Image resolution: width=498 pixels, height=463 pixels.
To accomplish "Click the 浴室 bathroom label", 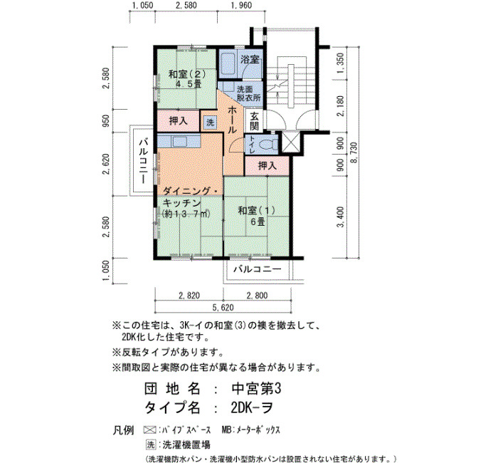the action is click(x=250, y=59).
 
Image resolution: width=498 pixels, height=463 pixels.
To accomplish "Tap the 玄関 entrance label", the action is click(x=255, y=121).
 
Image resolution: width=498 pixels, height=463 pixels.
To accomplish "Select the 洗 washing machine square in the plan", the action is click(x=210, y=122).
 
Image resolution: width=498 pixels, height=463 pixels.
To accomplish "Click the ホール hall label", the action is click(x=232, y=120).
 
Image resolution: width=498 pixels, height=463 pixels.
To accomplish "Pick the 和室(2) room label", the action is click(x=187, y=74).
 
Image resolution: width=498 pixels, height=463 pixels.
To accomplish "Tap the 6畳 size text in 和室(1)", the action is click(x=258, y=222).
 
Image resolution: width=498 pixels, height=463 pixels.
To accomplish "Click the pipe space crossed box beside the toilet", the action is click(x=291, y=142).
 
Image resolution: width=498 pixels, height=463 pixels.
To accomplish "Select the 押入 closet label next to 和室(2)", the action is click(x=179, y=120).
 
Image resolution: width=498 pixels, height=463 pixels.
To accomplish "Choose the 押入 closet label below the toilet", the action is click(x=267, y=165).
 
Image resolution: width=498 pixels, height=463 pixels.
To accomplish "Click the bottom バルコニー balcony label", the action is click(x=258, y=269).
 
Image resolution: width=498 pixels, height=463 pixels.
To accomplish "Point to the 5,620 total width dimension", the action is click(x=223, y=308).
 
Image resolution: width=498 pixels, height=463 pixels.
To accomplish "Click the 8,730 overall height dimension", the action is click(x=354, y=153).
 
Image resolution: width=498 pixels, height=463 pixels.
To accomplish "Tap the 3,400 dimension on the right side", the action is click(x=341, y=217).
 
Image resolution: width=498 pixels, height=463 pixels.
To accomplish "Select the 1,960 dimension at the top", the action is click(x=241, y=6).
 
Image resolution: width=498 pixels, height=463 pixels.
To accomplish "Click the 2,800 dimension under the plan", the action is click(x=258, y=296).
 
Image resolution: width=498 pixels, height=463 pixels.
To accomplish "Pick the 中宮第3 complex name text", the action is click(x=257, y=389).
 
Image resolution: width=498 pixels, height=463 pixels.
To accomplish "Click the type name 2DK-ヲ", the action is click(x=252, y=407).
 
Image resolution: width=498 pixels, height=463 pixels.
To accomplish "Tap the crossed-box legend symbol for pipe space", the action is click(x=149, y=430).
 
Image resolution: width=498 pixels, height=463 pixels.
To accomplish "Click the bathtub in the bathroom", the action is click(x=227, y=64).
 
